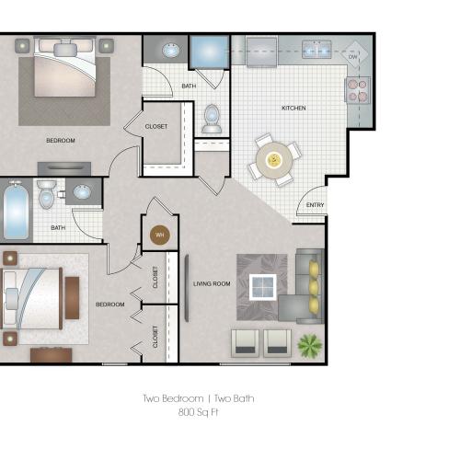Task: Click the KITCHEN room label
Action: (293, 108)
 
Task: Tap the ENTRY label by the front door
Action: (315, 205)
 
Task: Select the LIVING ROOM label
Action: (212, 284)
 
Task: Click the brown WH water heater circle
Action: (160, 236)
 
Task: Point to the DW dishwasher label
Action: (353, 57)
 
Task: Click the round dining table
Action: (274, 160)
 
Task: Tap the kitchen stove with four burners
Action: (358, 89)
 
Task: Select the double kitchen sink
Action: (316, 50)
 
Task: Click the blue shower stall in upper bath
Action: (210, 52)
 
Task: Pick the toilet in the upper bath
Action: (212, 119)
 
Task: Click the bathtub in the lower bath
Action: (17, 211)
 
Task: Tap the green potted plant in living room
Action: (310, 345)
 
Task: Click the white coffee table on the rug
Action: (263, 287)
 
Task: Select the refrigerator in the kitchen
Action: (261, 52)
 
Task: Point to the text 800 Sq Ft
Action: (198, 412)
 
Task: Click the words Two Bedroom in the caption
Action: (173, 398)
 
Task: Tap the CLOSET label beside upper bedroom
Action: (156, 126)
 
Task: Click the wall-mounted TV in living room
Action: (187, 288)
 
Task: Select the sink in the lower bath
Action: (82, 191)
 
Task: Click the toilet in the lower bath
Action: (47, 194)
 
